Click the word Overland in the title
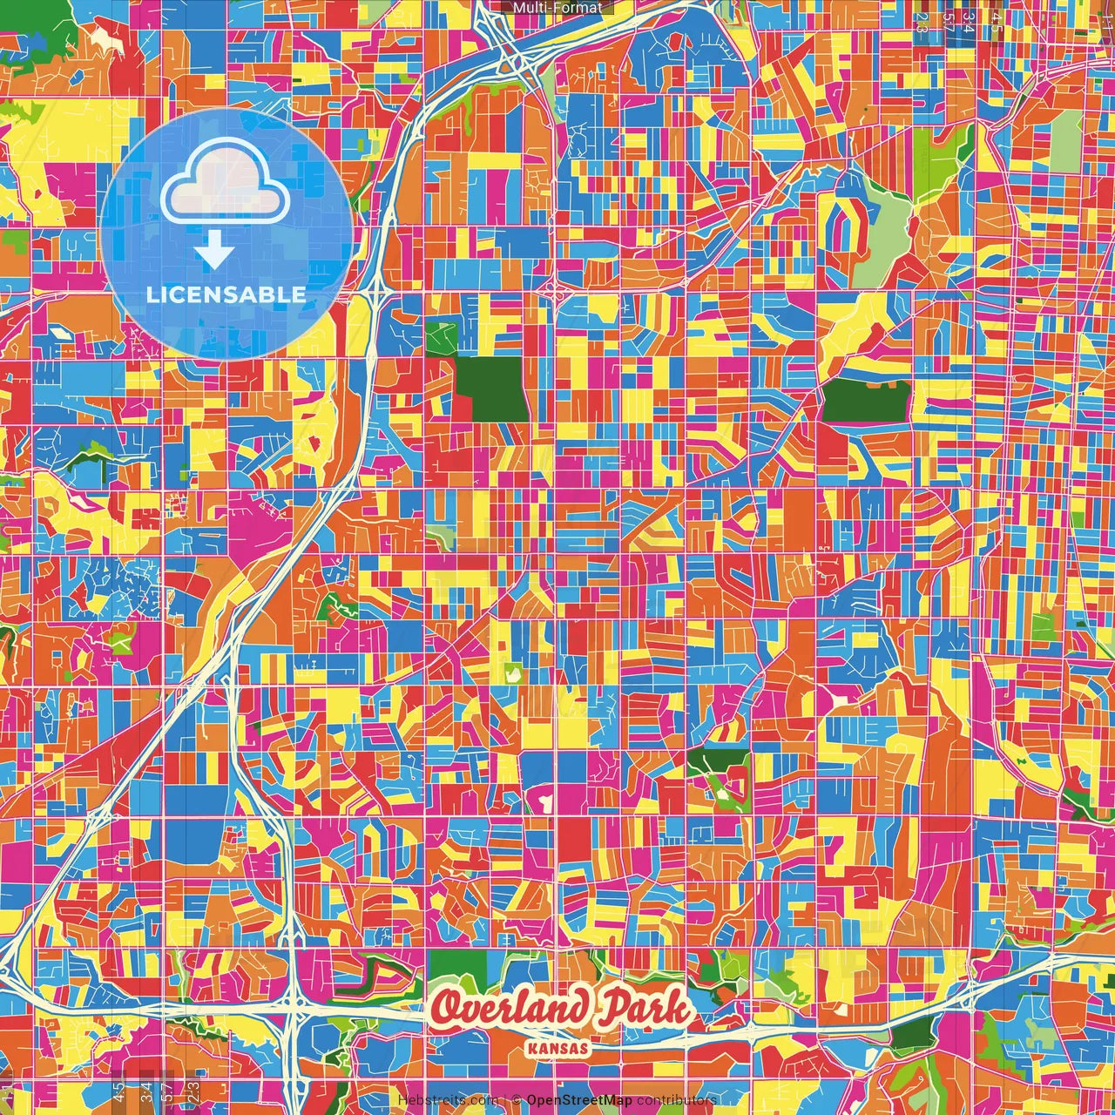(510, 1009)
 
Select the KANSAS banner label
(557, 1047)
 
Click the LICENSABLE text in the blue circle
(226, 294)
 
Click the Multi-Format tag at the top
(557, 8)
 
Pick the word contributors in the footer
(677, 1099)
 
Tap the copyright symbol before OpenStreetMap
(517, 1099)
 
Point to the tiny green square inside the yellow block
(511, 672)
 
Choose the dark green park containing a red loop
(719, 775)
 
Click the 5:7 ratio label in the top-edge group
(947, 19)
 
